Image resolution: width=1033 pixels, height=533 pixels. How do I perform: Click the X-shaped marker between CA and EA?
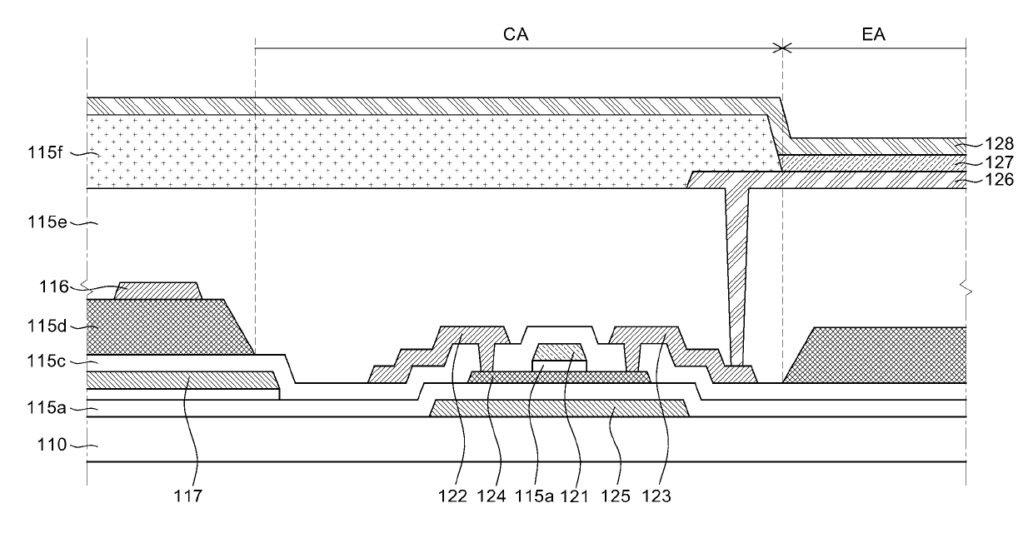pos(782,48)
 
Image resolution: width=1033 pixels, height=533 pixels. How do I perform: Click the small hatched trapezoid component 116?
pos(158,291)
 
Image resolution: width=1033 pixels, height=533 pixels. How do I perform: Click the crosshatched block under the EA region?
pos(883,355)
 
